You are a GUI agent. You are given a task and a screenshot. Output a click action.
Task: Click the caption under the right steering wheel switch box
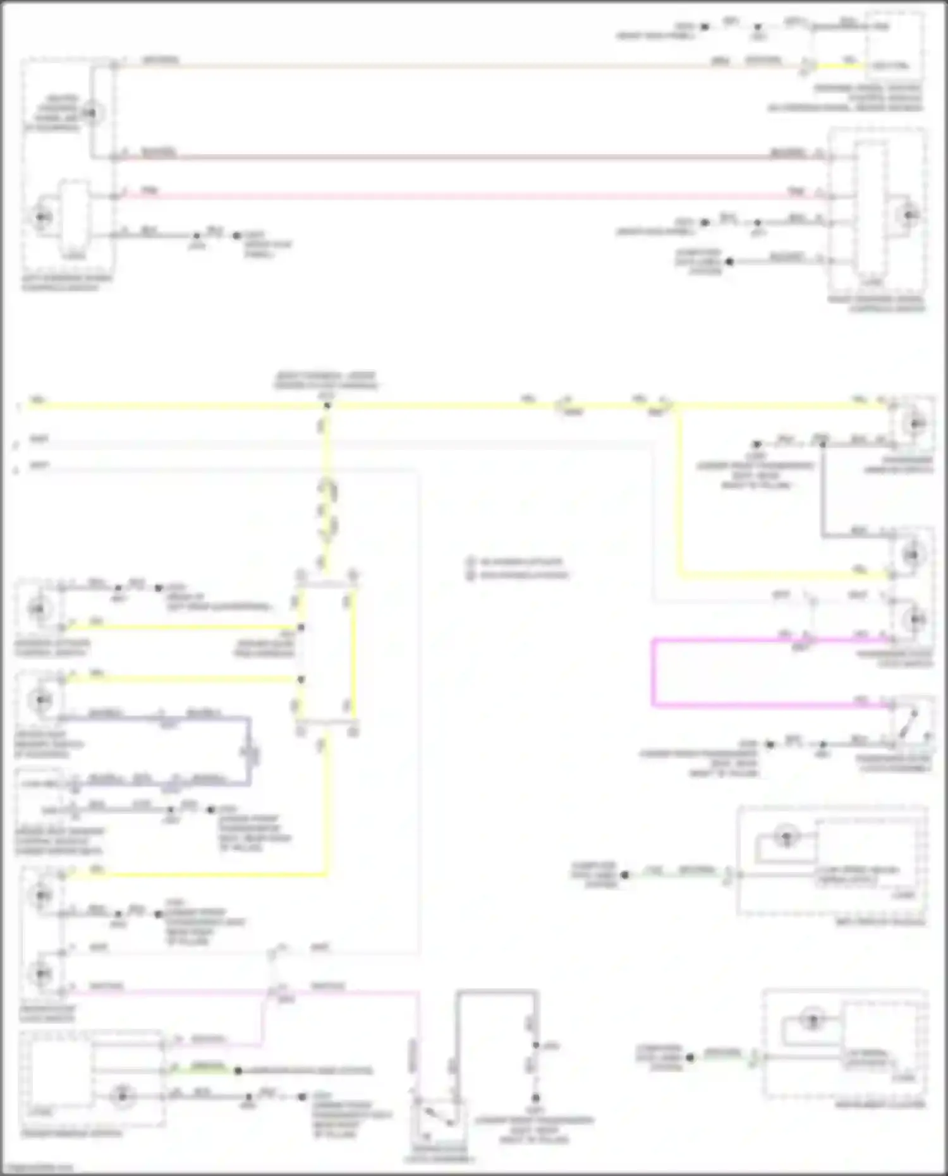click(877, 303)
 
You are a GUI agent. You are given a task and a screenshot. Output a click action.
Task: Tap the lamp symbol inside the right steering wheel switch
click(908, 215)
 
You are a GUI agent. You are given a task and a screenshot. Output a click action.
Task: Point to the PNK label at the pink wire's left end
click(149, 191)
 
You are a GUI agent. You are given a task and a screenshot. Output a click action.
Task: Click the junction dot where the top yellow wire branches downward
click(327, 405)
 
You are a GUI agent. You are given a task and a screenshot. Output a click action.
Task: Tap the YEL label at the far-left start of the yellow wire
click(38, 399)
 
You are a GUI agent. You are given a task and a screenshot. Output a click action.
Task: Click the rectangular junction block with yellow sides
click(327, 654)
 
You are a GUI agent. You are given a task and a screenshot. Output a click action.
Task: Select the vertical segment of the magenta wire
click(653, 673)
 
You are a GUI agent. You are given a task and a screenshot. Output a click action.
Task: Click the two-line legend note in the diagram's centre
click(518, 568)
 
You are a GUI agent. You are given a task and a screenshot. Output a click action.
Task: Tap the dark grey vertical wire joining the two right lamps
click(822, 490)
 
